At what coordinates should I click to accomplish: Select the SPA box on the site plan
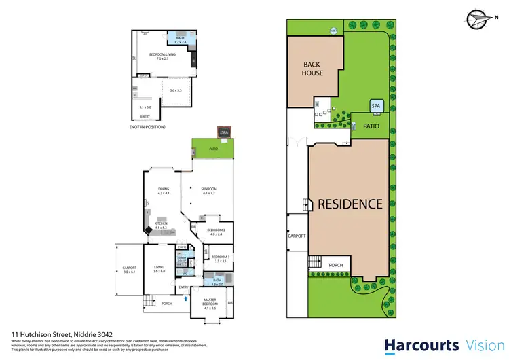coord(377,107)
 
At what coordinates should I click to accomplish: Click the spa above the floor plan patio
coord(223,132)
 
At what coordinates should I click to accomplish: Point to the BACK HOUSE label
coord(313,69)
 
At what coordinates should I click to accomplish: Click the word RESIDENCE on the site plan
coord(350,203)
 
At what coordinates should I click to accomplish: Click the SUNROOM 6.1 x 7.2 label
coord(208,192)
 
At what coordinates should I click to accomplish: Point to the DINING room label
coord(163,192)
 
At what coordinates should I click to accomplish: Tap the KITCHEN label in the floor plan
coord(161,225)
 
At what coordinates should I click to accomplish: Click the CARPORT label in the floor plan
coord(129,270)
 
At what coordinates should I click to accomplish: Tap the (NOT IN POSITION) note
coord(148,127)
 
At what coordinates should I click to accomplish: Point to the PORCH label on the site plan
coord(335,265)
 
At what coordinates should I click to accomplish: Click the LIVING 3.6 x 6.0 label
coord(159,269)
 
